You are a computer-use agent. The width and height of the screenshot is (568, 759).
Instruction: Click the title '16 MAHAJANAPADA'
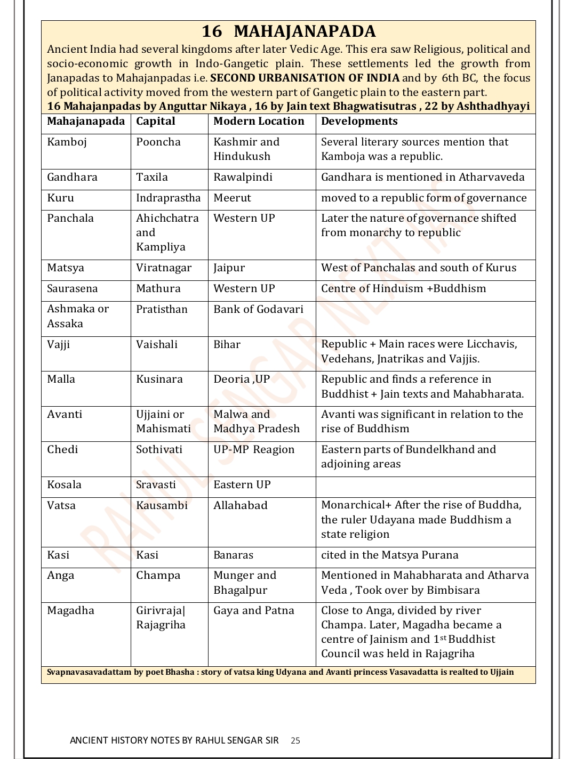coord(288,31)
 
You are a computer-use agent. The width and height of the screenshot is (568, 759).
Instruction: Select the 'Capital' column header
coord(155,122)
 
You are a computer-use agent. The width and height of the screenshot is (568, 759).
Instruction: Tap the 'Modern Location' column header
coord(259,122)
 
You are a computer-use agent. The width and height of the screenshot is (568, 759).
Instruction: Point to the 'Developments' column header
coord(359,122)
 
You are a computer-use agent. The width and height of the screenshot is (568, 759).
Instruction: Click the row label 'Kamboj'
coord(67,142)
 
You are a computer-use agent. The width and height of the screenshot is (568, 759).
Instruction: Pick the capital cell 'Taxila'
coord(151,177)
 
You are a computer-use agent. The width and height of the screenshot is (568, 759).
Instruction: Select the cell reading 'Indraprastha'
coord(168,198)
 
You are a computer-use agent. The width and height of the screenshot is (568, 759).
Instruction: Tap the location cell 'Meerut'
coord(232,198)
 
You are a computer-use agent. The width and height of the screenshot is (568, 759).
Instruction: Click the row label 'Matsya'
coord(66,268)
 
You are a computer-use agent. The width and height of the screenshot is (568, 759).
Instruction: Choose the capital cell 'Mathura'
coord(158,289)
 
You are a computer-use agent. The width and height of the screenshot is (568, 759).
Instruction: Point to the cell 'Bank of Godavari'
coord(258,310)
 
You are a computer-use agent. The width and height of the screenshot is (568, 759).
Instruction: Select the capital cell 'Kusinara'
coord(159,379)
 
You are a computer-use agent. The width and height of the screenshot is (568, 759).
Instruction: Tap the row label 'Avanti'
coord(65,415)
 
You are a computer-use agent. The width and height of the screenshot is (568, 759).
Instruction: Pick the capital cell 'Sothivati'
coord(159,450)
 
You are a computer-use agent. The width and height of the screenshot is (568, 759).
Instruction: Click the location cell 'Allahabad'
coord(240,506)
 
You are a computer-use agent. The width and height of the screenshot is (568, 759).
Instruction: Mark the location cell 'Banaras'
coord(233,555)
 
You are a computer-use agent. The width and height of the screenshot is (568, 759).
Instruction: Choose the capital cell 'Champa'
coord(158,576)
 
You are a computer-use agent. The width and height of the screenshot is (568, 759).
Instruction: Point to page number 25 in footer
coord(295,740)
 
